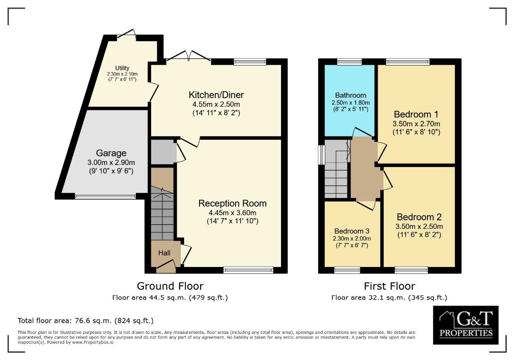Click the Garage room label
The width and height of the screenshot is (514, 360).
111,153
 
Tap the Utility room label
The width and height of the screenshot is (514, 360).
122,68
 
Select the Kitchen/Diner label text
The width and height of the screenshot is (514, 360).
216,95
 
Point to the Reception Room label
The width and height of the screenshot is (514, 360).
233,203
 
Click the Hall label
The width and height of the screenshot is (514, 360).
164,253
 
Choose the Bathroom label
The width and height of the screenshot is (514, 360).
350,95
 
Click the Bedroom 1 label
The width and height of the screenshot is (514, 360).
416,114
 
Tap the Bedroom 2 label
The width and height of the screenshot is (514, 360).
419,217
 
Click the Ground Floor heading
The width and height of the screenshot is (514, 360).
170,286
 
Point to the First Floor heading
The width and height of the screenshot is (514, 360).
389,286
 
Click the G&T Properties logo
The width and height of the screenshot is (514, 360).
466,325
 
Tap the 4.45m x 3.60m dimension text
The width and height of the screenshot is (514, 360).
233,213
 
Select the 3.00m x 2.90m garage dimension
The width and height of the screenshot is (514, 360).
111,162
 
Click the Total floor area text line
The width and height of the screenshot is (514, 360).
85,320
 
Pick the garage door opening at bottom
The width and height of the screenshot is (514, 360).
105,196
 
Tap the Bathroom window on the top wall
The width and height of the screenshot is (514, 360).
349,62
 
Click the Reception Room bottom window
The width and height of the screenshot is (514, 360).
248,270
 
